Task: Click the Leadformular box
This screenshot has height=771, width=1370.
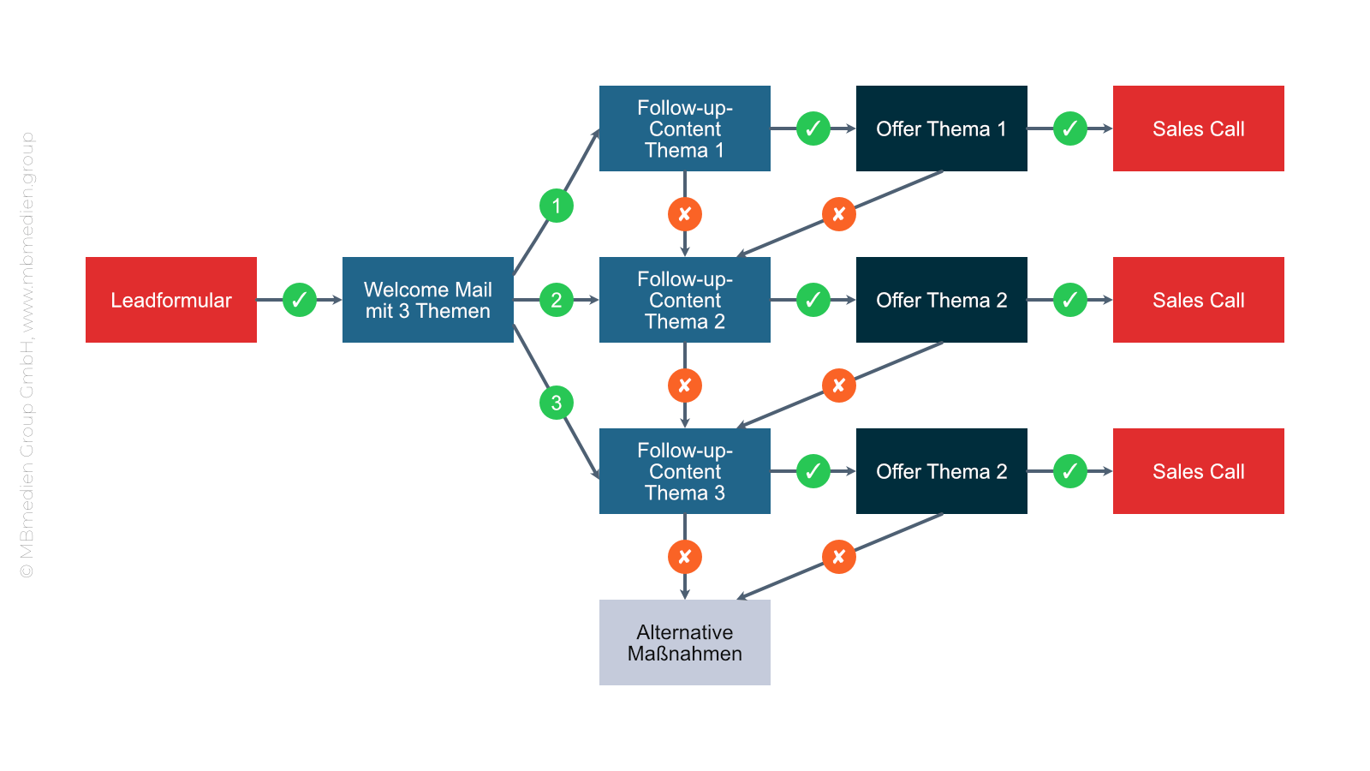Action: (x=171, y=300)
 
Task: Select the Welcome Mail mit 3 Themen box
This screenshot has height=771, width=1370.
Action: (x=428, y=300)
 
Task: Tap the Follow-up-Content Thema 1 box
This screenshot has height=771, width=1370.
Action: (x=685, y=128)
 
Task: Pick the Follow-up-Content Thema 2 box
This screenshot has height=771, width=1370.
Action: (x=685, y=300)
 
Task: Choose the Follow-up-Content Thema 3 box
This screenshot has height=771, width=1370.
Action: (x=685, y=471)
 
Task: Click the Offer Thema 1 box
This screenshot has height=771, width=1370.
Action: (x=942, y=128)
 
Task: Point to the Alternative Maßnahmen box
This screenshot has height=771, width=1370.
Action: (x=685, y=642)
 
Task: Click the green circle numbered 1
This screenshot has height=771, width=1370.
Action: (x=557, y=206)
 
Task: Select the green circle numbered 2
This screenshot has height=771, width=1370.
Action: (x=557, y=300)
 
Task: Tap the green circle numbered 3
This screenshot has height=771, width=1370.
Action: (x=557, y=403)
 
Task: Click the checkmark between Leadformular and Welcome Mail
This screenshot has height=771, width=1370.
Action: (x=300, y=300)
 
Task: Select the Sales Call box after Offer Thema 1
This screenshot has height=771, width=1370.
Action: (x=1199, y=128)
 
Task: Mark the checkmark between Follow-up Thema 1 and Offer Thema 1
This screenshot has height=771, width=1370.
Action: (x=813, y=128)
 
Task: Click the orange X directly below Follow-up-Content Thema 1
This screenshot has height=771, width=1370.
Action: (x=685, y=214)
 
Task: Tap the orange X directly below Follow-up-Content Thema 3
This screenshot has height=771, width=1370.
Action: (x=685, y=557)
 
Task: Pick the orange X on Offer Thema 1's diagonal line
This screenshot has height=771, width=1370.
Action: (x=839, y=214)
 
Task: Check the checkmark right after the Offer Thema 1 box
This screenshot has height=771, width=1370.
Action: (x=1070, y=128)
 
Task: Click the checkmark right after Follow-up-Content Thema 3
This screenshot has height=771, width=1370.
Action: (x=813, y=471)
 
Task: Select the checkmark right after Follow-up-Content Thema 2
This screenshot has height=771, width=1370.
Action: (x=813, y=300)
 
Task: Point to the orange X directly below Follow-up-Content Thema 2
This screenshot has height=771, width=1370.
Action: (x=685, y=385)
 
